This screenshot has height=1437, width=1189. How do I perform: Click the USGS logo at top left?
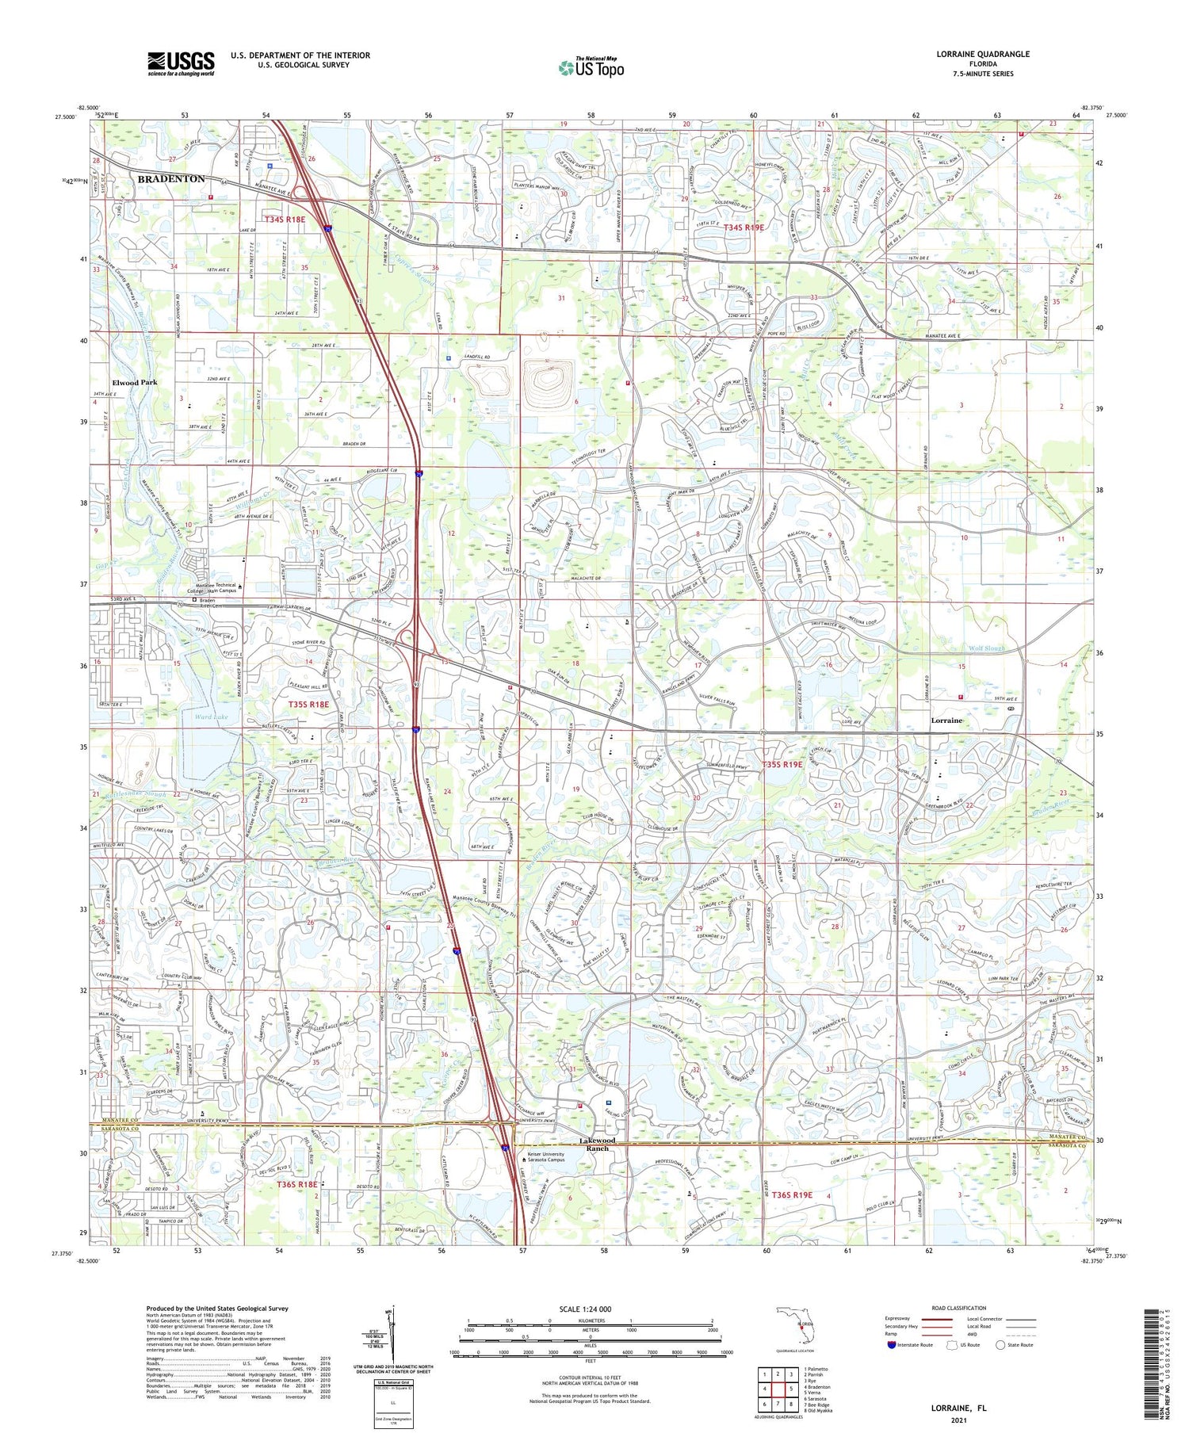pos(181,63)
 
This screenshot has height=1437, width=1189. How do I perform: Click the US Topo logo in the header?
pos(591,68)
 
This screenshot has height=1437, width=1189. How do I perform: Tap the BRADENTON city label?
pos(170,179)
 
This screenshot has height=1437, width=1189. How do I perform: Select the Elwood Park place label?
pos(135,382)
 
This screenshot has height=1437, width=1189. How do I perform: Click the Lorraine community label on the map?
pos(946,720)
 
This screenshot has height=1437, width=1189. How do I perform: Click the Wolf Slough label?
pos(986,648)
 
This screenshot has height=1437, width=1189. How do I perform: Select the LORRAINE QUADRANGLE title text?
pos(983,54)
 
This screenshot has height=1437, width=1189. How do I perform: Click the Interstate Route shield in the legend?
pos(892,1345)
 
